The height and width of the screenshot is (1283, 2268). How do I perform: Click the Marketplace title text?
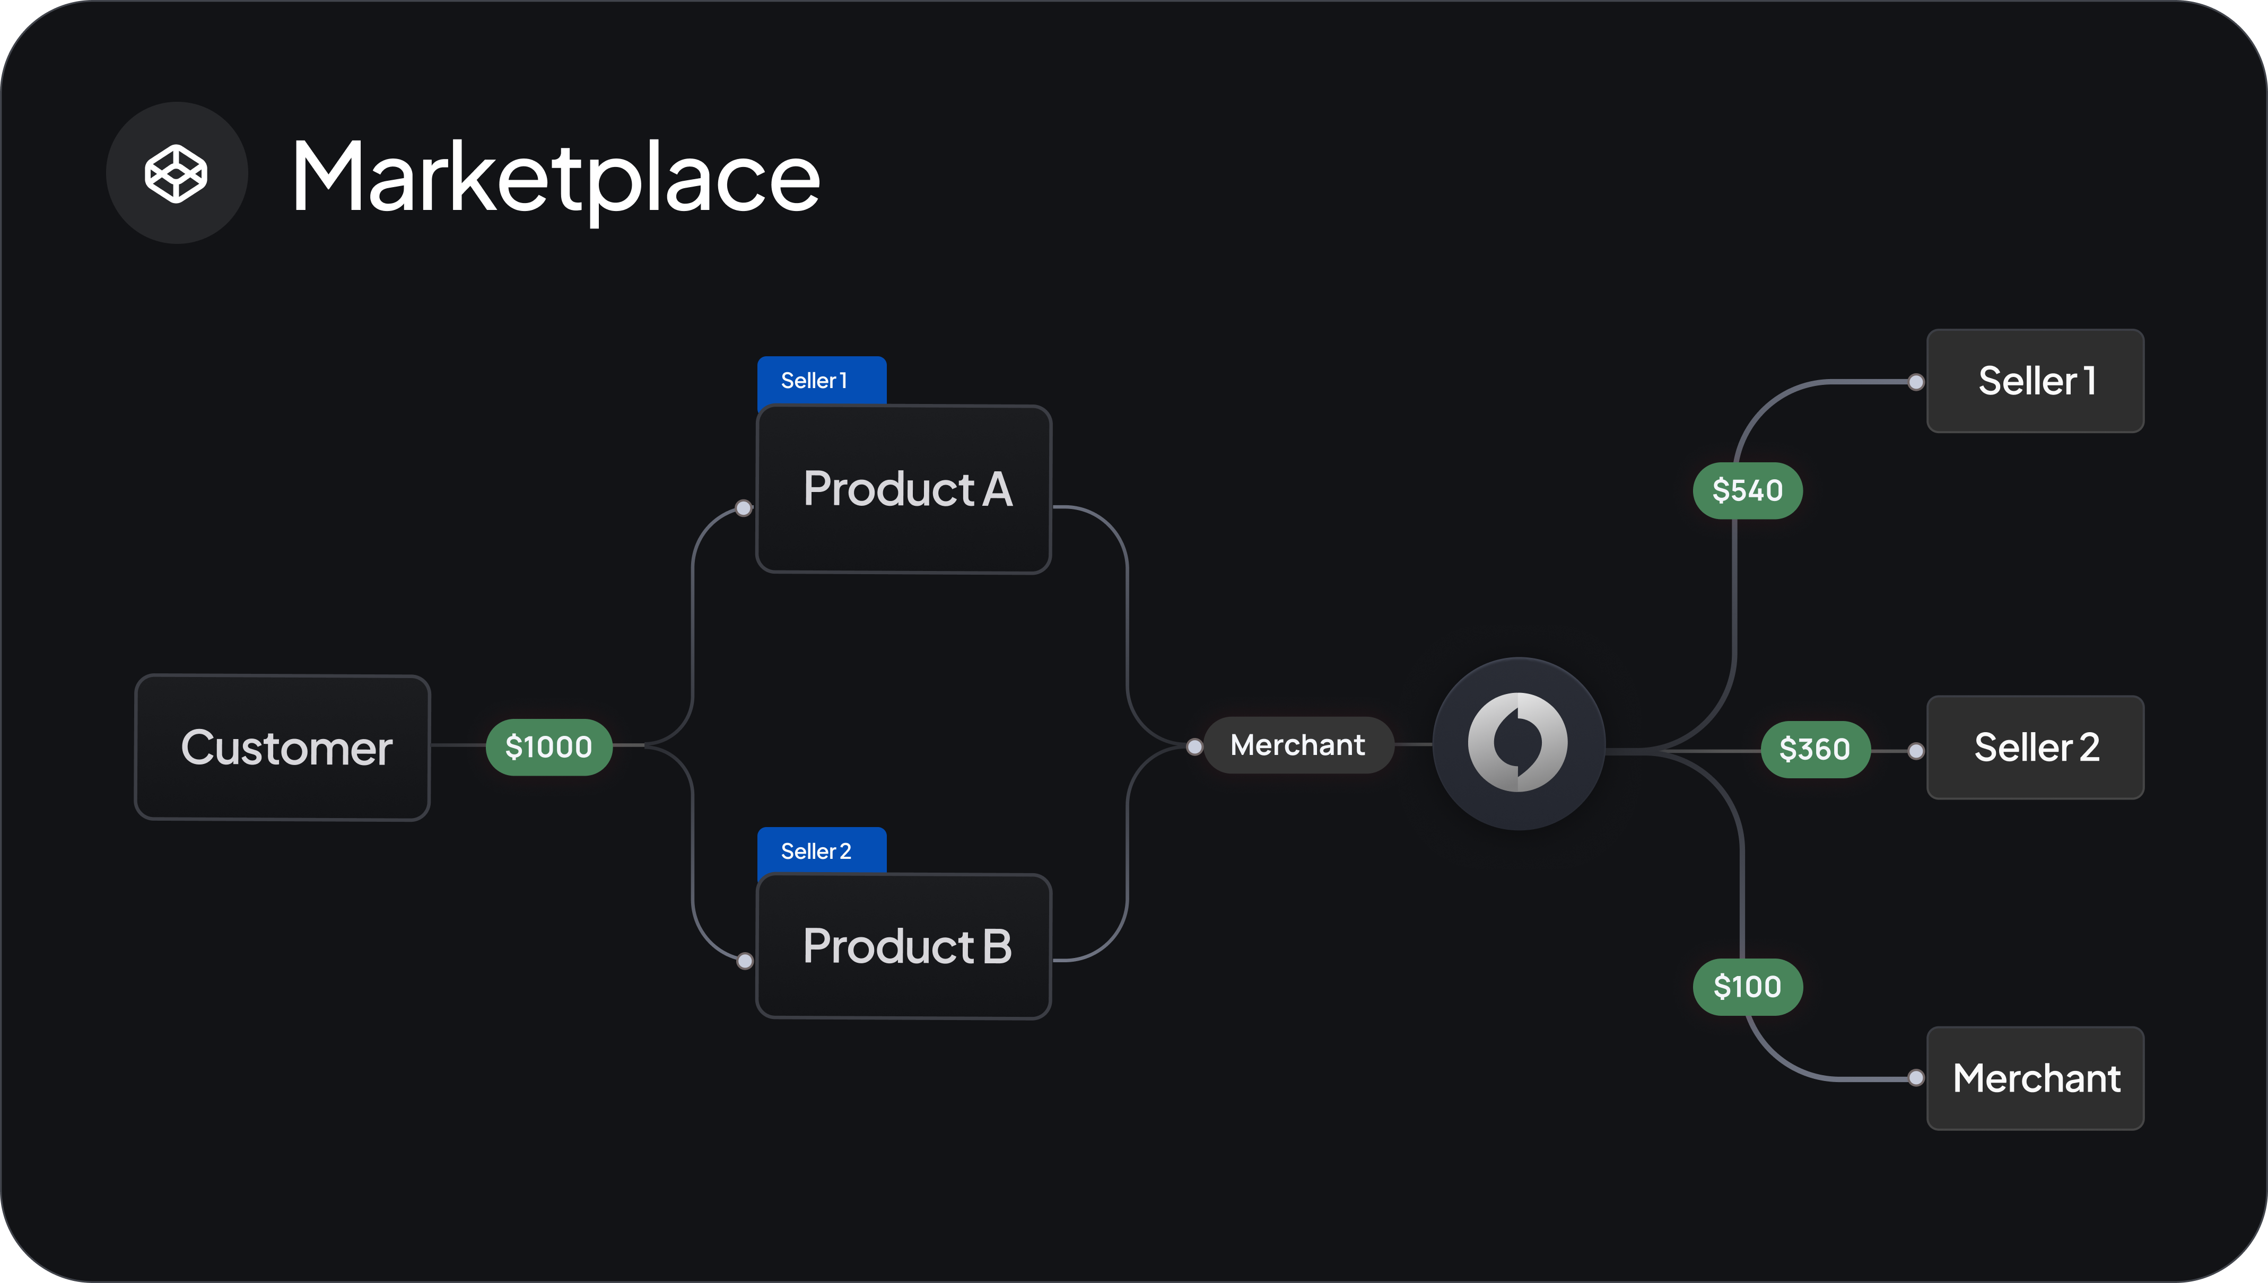pos(556,178)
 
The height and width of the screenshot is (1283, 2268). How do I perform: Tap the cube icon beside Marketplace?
pos(176,173)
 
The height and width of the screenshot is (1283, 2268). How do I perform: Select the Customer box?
pos(282,747)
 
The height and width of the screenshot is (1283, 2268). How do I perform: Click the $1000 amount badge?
pos(549,747)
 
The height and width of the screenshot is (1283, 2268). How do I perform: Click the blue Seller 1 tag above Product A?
pos(822,381)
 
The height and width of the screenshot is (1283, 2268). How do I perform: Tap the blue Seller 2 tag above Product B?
pos(822,850)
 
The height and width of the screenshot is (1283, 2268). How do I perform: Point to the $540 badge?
pos(1747,490)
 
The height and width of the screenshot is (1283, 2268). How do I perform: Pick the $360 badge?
pos(1815,749)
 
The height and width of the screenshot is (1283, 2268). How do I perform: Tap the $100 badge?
pos(1747,986)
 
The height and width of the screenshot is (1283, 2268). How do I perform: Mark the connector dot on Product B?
pos(745,961)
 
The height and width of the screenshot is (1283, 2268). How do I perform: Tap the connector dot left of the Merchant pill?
pos(1194,747)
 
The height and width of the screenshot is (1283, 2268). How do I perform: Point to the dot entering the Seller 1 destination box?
pos(1916,382)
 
